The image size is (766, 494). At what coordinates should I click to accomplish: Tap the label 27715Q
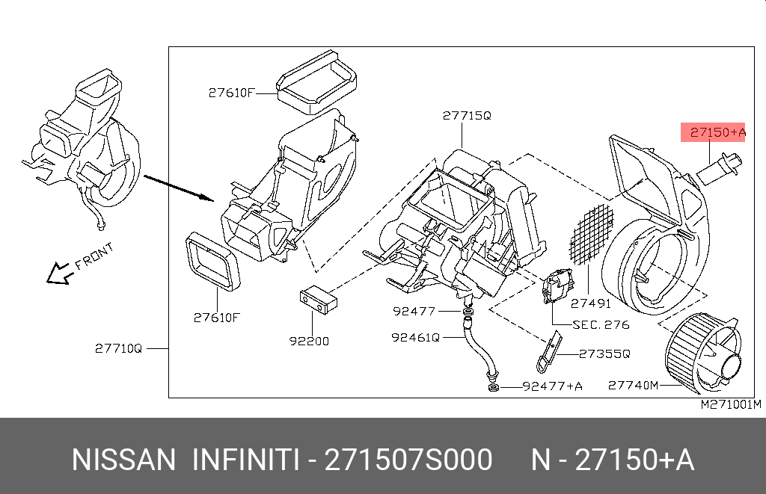[x=466, y=116]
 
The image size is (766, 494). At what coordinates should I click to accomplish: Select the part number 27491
[x=590, y=304]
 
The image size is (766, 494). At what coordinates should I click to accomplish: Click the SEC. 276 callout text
[x=601, y=325]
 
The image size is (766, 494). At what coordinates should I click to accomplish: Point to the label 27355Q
[x=605, y=354]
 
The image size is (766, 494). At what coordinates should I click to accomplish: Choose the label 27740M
[x=633, y=386]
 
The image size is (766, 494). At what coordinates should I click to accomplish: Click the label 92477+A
[x=551, y=386]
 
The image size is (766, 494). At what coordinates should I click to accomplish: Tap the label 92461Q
[x=415, y=337]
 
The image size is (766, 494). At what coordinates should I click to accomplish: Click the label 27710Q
[x=118, y=348]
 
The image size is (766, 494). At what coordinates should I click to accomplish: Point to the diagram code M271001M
[x=730, y=405]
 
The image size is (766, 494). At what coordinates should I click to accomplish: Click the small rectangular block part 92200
[x=318, y=297]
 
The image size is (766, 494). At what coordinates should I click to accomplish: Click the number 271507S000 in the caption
[x=407, y=460]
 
